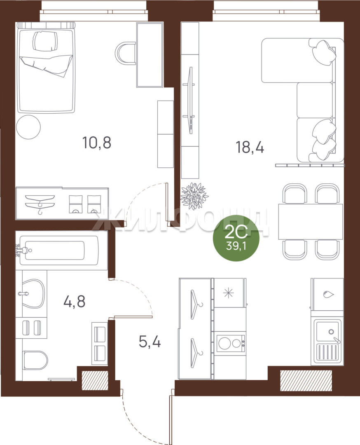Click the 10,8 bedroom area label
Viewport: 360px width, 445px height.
click(97, 143)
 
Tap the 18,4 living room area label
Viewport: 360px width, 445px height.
click(250, 148)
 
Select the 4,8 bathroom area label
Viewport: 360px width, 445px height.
click(74, 301)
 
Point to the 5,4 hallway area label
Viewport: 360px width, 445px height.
click(150, 342)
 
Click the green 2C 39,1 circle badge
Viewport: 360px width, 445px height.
click(236, 239)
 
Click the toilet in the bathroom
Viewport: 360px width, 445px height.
click(35, 361)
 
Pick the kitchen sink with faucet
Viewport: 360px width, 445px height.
click(327, 342)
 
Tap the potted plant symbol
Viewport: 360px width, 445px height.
click(194, 196)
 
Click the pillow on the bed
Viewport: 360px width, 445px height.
click(45, 41)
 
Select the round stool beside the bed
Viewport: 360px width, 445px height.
click(28, 127)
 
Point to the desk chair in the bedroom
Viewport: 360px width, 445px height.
click(125, 53)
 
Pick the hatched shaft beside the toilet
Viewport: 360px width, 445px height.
click(95, 380)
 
